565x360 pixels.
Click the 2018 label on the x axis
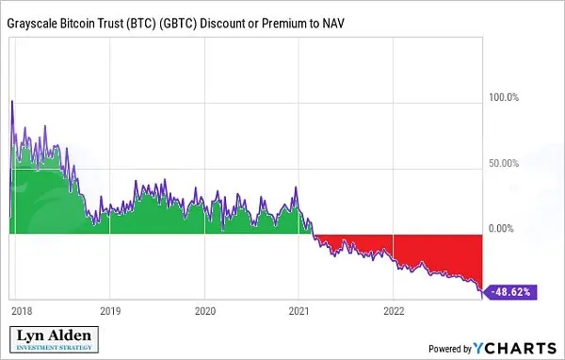(x=22, y=311)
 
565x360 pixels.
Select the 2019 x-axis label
(x=110, y=311)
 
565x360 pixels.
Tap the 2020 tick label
(x=205, y=311)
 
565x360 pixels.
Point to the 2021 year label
(x=299, y=311)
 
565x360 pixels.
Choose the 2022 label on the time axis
(x=394, y=311)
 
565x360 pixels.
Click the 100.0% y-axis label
(x=504, y=97)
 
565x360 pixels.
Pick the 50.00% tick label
(x=504, y=163)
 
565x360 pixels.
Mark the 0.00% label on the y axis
(x=501, y=228)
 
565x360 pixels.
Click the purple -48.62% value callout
(x=509, y=292)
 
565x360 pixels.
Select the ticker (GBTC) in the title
(x=178, y=24)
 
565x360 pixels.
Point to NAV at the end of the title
(x=333, y=24)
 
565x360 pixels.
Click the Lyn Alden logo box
(x=54, y=339)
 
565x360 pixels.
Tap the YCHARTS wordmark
(x=515, y=348)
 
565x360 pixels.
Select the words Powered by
(x=450, y=349)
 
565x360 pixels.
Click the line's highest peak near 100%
(x=12, y=101)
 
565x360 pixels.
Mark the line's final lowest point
(x=482, y=298)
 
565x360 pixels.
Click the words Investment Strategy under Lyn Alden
(x=54, y=348)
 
